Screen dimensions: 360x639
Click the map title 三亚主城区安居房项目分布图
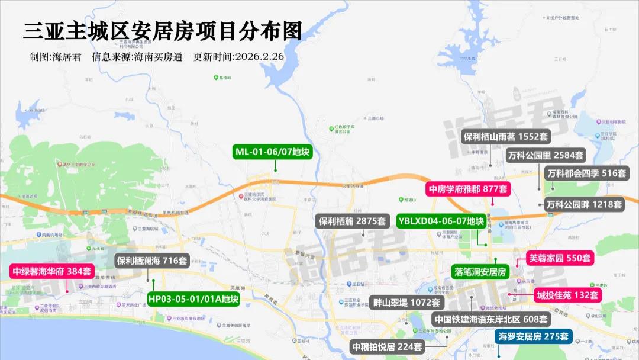click(x=162, y=31)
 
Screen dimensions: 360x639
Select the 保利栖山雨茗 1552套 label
click(x=506, y=137)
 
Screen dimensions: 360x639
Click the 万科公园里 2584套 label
click(x=546, y=156)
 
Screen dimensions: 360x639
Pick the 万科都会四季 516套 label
click(x=586, y=173)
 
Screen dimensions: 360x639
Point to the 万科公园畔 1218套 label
click(x=585, y=204)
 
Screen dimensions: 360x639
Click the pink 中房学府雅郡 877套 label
click(x=468, y=189)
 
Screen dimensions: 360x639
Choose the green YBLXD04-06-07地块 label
click(x=441, y=221)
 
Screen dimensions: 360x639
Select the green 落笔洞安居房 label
click(x=480, y=272)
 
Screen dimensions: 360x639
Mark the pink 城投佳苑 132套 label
click(x=567, y=295)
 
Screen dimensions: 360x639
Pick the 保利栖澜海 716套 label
click(x=151, y=260)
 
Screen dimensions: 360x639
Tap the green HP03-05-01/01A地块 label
click(x=193, y=299)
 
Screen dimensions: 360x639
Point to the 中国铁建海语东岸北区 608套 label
click(x=490, y=319)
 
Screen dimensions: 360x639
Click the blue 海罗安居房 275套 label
click(x=534, y=336)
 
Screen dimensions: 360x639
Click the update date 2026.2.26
click(x=259, y=57)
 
